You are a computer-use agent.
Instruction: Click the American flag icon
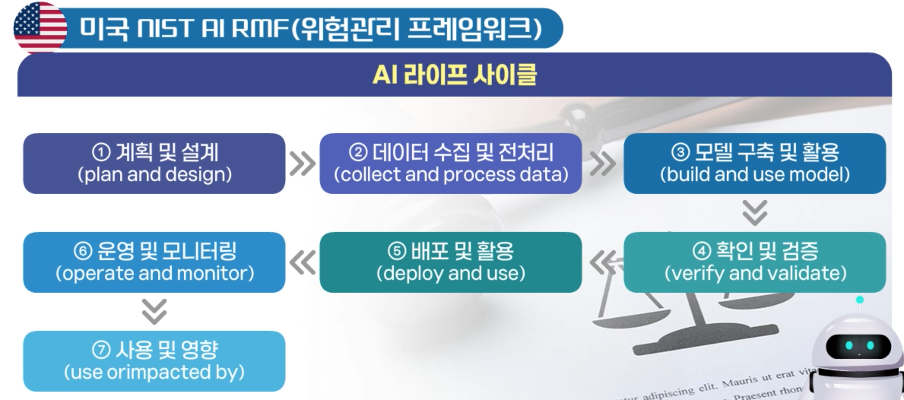pos(40,27)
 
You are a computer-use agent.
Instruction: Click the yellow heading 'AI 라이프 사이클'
pos(454,75)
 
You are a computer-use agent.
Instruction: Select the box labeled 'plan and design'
pos(154,163)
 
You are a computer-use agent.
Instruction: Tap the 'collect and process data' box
pos(450,163)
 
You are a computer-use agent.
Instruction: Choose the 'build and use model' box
pos(755,163)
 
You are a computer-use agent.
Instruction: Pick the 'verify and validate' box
pos(755,262)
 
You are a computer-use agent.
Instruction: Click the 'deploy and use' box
pos(450,262)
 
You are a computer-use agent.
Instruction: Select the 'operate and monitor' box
pos(154,262)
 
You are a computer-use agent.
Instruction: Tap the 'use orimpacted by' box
pos(154,361)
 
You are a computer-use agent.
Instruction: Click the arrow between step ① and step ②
pos(302,164)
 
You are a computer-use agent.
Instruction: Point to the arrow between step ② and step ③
pos(603,164)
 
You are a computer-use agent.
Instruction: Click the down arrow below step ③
pos(755,213)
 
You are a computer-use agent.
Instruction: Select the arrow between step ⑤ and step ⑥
pos(302,262)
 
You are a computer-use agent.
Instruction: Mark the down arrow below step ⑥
pos(154,312)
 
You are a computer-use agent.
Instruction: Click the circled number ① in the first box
pos(101,152)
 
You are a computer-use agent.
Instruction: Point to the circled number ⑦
pos(101,350)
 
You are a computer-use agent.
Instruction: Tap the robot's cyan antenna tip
pos(860,300)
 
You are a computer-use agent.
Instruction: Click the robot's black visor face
pos(859,346)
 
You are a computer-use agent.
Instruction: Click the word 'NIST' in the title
pos(164,28)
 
